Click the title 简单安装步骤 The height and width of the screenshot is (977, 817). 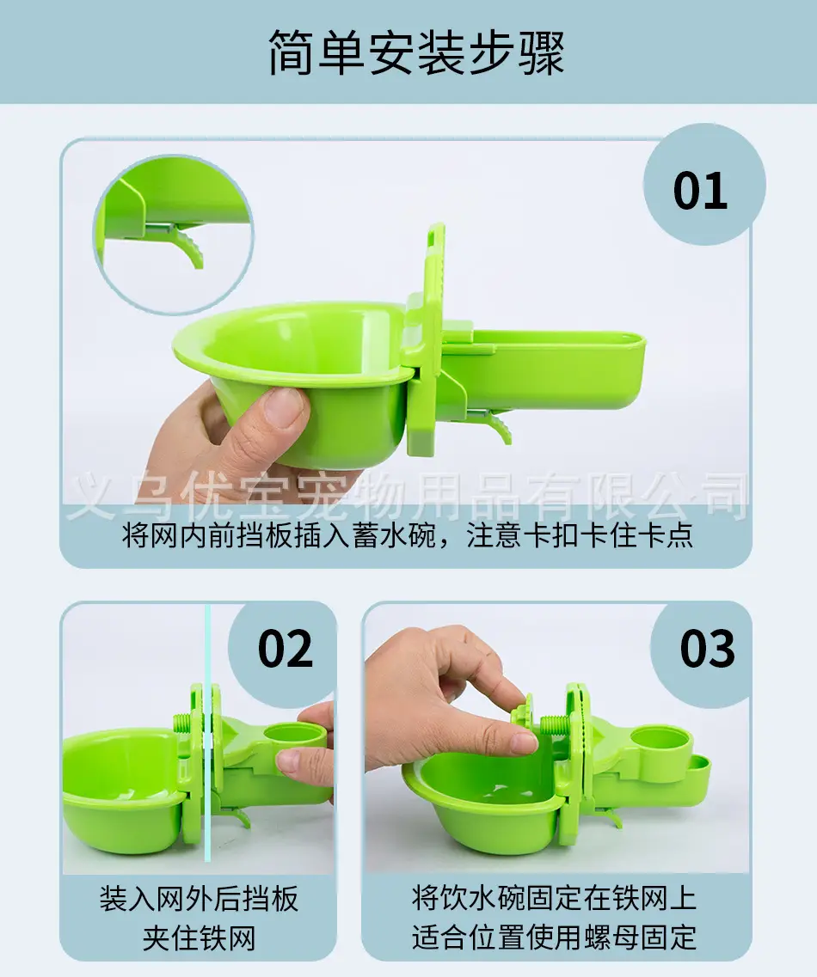416,52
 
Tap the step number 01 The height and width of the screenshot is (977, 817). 700,190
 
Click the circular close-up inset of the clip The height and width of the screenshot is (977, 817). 174,234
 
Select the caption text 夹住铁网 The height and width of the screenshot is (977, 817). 199,938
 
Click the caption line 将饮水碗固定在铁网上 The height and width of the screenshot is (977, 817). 554,898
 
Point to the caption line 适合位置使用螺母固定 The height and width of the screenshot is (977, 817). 554,937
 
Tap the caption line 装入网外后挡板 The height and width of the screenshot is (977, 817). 199,899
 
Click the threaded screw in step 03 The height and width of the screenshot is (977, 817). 555,726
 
